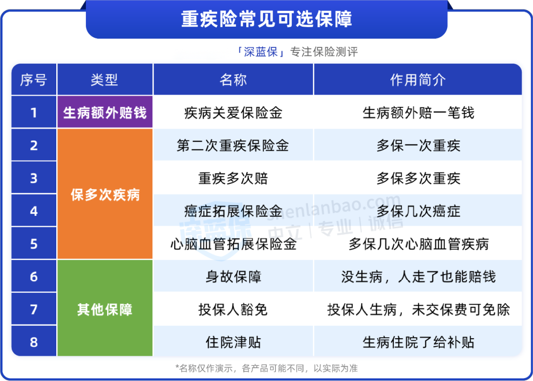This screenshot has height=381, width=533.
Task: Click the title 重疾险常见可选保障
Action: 266,19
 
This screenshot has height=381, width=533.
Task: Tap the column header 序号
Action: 34,80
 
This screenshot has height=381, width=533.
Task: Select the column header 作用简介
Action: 418,80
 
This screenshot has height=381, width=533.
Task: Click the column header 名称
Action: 233,80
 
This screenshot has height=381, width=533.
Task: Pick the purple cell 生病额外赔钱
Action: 105,112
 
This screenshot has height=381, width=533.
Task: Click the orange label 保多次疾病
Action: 105,195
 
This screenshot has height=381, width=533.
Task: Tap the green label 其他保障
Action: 105,310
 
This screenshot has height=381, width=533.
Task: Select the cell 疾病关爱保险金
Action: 233,113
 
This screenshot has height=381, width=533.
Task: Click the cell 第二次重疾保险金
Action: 233,146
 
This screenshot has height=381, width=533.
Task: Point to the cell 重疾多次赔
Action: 233,178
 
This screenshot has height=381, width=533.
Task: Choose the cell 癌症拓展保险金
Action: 233,211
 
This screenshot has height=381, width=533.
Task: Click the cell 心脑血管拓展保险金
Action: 233,244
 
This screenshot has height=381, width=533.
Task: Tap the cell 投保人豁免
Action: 233,310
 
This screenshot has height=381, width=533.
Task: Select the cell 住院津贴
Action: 233,342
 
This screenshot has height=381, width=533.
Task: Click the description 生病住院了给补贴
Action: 419,342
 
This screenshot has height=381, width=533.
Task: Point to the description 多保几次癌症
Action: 419,211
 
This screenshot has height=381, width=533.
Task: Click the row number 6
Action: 34,277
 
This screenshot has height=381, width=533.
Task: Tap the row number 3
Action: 34,178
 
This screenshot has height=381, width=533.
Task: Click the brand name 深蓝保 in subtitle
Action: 261,52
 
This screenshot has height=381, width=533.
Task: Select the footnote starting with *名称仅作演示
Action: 266,369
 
